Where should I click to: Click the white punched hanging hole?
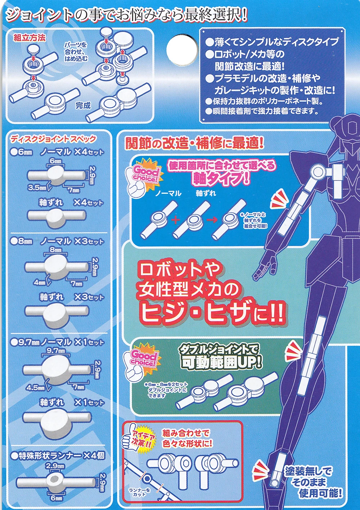[182, 50]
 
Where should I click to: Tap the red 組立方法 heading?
[30, 38]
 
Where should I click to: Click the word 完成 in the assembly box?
[83, 105]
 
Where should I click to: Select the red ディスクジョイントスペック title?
[53, 139]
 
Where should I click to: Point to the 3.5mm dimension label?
[37, 188]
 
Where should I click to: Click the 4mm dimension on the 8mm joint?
[40, 283]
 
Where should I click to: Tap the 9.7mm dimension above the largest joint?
[56, 351]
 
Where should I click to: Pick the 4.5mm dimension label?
[35, 387]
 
